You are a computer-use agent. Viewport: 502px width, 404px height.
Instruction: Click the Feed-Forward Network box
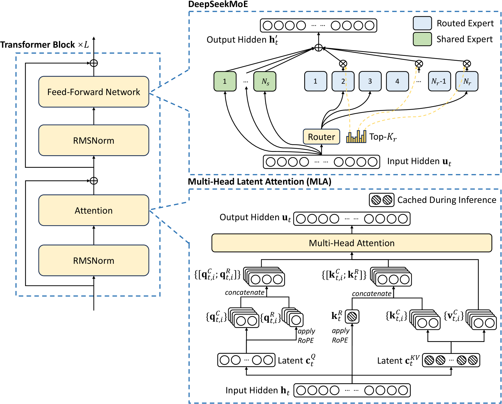pos(93,92)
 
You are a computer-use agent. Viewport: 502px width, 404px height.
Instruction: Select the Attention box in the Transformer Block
pos(93,210)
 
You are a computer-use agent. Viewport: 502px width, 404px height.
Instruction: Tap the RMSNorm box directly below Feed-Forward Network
pos(93,140)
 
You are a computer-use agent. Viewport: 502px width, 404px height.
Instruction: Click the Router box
pos(321,137)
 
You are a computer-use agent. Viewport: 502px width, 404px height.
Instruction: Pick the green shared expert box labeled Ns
pos(265,81)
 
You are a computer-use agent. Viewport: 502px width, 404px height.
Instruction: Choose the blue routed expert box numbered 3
pos(370,81)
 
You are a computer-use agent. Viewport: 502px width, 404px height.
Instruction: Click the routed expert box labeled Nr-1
pos(439,81)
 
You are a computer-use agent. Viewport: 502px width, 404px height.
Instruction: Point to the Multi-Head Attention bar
pos(351,243)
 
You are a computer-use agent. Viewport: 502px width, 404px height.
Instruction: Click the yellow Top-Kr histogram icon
pos(356,137)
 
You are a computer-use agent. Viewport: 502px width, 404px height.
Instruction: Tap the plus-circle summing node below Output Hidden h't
pos(318,48)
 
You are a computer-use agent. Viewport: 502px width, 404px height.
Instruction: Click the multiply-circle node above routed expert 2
pos(343,64)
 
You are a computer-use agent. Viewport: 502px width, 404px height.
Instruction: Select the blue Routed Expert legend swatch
pos(422,23)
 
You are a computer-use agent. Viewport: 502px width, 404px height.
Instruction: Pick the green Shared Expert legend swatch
pos(422,39)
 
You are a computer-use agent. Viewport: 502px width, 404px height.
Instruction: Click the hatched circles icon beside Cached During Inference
pos(382,200)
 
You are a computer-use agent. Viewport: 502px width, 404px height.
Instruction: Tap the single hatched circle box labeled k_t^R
pos(352,317)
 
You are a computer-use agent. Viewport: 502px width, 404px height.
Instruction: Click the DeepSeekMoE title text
pos(218,4)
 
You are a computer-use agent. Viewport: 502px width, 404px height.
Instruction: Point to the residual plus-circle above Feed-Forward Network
pos(94,63)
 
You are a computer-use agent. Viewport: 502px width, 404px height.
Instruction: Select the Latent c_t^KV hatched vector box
pos(451,360)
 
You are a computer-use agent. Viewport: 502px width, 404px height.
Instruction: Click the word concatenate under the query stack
pos(245,292)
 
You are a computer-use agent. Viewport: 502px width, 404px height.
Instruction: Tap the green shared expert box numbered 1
pos(225,81)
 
